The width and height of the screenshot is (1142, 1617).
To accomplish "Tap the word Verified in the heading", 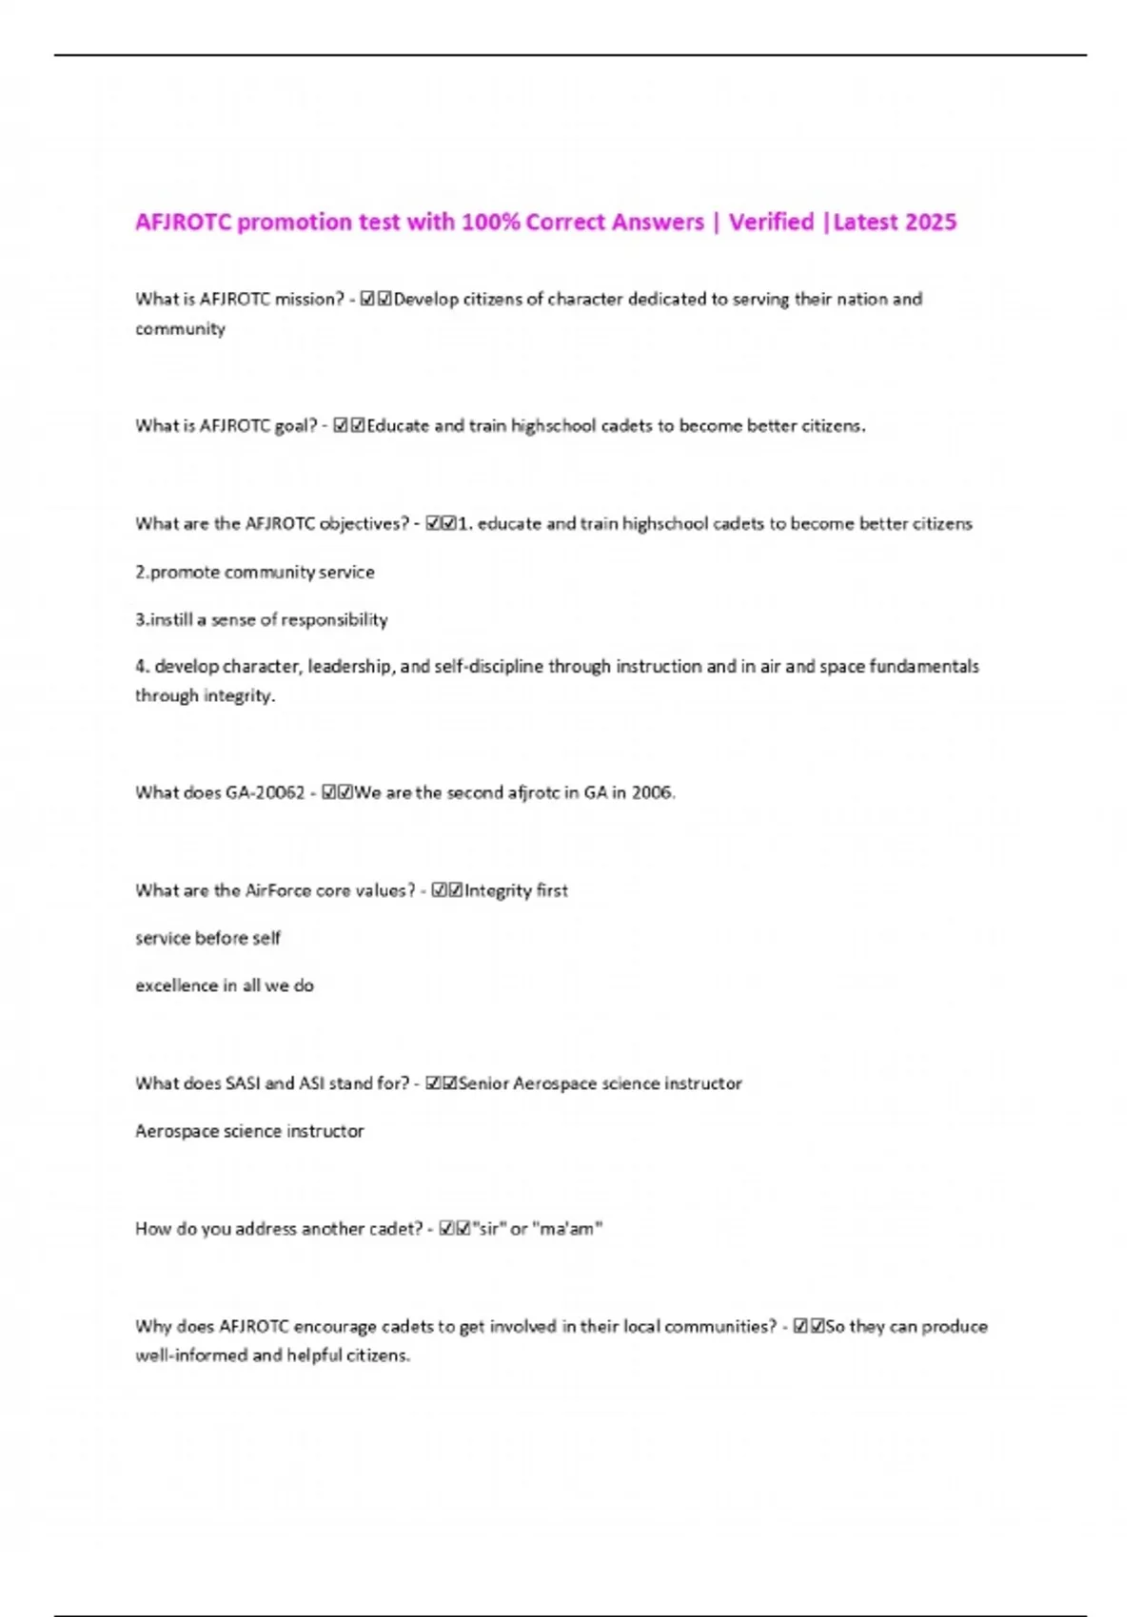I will point(771,222).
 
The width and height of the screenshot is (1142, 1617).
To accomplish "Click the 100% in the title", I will point(490,222).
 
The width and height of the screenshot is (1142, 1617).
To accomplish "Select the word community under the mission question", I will point(180,329).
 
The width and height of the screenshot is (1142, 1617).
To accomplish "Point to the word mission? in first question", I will point(308,300).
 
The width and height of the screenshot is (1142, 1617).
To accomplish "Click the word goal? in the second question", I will point(295,426).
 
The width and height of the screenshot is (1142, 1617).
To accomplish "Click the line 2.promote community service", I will point(254,573).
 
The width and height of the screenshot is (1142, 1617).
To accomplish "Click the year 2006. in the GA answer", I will point(653,793).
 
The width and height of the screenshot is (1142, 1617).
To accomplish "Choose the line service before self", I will point(207,939).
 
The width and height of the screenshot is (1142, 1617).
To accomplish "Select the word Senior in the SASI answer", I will point(483,1084).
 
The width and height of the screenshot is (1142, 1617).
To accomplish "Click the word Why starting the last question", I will point(152,1327).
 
